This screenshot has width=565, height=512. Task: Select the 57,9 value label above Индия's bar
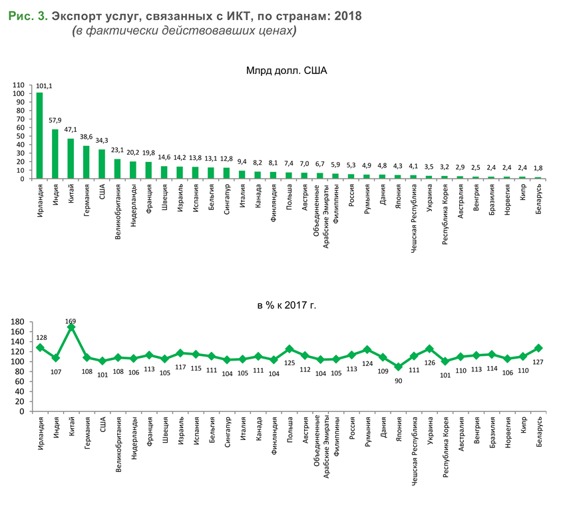55,121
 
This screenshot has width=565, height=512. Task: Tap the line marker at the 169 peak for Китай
71,327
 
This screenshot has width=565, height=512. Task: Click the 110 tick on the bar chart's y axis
18,85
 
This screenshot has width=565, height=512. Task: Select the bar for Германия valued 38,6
87,162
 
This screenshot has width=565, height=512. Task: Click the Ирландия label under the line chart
41,434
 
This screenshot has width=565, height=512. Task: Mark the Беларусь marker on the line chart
538,348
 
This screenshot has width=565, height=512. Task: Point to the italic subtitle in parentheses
184,31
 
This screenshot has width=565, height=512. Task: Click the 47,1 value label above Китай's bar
71,130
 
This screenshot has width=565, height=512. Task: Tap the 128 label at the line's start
41,337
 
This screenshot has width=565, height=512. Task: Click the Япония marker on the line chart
399,367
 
